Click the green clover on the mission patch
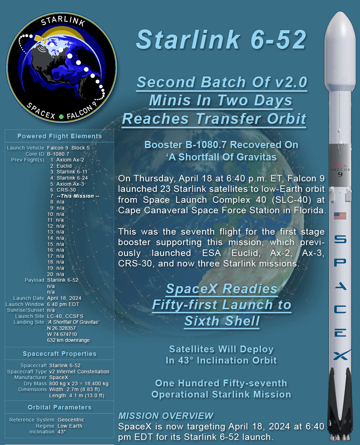[x=61, y=117]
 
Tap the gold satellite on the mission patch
[x=41, y=39]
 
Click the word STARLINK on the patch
[x=63, y=21]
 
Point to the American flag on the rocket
[x=340, y=216]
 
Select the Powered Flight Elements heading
[x=59, y=136]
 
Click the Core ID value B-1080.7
[x=58, y=154]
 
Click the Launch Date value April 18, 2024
[x=64, y=298]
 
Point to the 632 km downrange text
[x=68, y=340]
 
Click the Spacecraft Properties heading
[x=59, y=354]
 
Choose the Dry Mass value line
[x=79, y=383]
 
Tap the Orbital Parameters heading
[x=59, y=407]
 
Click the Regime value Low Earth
[x=70, y=426]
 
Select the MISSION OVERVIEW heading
[x=166, y=416]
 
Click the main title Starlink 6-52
[x=221, y=39]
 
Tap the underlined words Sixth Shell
[x=222, y=321]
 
